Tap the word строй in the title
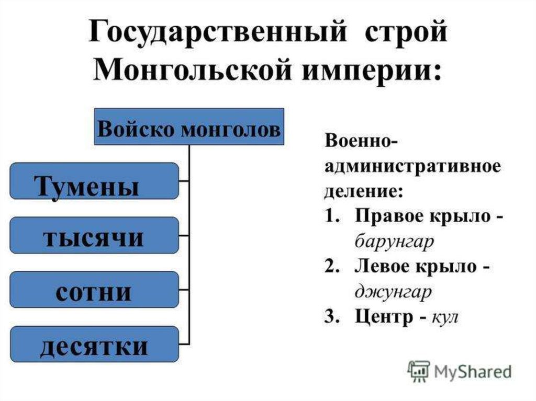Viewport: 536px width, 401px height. pyautogui.click(x=402, y=34)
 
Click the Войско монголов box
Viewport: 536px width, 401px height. pyautogui.click(x=189, y=127)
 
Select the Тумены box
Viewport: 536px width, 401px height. pyautogui.click(x=94, y=181)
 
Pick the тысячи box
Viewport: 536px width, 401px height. pyautogui.click(x=94, y=236)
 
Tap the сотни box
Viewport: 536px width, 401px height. pyautogui.click(x=94, y=290)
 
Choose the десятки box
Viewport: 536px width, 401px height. pyautogui.click(x=94, y=345)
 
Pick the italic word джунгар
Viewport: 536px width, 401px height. pyautogui.click(x=393, y=292)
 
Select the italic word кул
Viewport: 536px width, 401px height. pyautogui.click(x=445, y=317)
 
